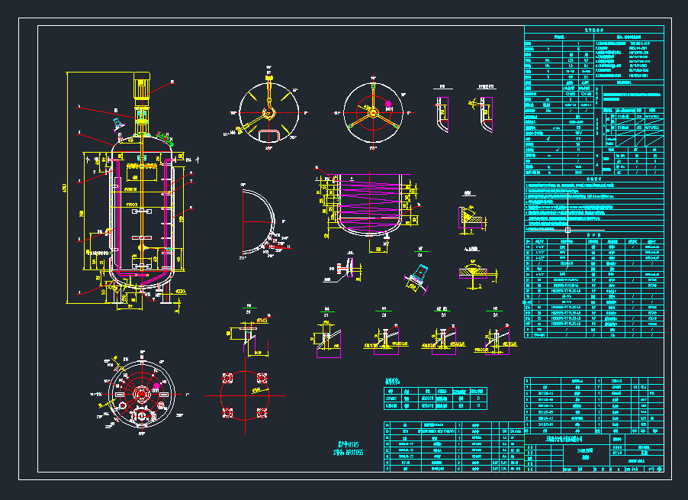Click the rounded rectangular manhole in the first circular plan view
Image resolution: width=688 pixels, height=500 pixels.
[x=268, y=135]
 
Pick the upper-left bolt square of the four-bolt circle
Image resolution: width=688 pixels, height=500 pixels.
[x=227, y=378]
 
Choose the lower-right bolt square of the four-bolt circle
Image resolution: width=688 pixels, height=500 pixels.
[x=262, y=412]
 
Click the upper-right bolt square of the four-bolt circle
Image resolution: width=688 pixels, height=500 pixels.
[x=262, y=378]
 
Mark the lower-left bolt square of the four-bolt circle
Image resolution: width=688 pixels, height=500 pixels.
[x=227, y=412]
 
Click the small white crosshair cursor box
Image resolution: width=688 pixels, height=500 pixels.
[x=567, y=229]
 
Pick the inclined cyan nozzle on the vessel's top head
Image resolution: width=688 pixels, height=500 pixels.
[x=117, y=123]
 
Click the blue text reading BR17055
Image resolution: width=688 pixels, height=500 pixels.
[x=356, y=452]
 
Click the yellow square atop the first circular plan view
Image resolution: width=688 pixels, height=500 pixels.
[x=268, y=78]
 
